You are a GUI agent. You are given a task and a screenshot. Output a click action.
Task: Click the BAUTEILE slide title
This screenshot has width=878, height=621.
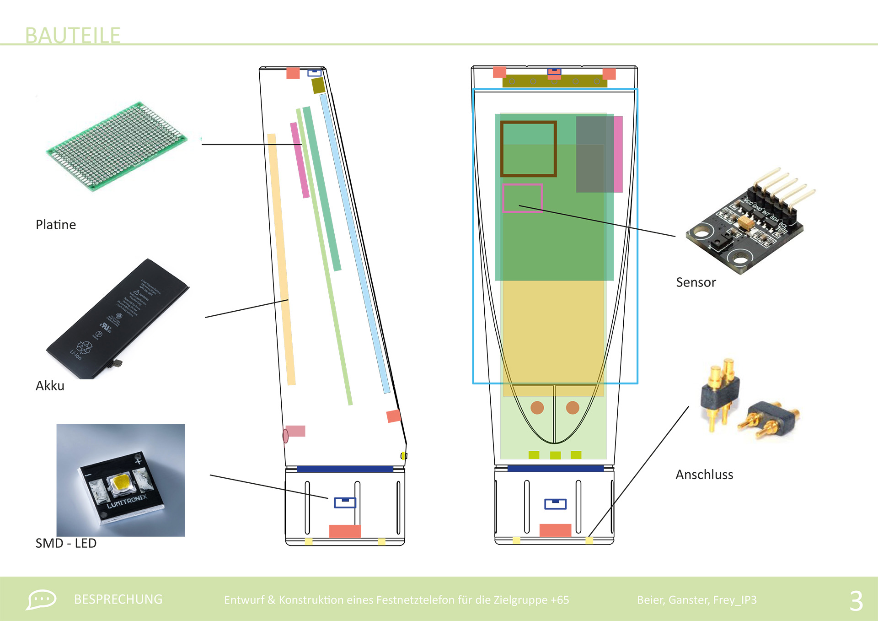point(73,35)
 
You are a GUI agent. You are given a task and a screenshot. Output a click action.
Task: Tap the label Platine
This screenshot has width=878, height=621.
point(56,225)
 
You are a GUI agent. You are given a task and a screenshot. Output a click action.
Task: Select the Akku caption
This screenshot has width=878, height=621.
point(50,386)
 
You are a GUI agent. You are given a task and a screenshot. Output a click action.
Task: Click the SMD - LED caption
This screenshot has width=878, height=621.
point(66,543)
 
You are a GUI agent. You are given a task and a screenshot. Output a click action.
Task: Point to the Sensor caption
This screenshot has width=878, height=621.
point(696,282)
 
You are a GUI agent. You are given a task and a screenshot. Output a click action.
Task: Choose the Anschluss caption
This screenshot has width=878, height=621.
point(704,475)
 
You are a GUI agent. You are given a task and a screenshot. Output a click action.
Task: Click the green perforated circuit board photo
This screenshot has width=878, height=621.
point(117,146)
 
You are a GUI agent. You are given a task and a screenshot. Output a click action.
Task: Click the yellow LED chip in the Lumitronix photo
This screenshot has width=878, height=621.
point(121,482)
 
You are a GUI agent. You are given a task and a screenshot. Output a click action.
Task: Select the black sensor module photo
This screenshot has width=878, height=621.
point(750,224)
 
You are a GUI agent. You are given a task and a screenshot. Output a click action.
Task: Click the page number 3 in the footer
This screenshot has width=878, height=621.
point(856,600)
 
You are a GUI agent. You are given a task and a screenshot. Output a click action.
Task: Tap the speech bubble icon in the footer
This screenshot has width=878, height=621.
point(41,599)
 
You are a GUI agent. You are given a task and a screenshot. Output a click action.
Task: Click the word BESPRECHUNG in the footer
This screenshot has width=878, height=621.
point(118,599)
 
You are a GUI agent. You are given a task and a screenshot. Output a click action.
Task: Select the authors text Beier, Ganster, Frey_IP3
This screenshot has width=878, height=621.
point(696,600)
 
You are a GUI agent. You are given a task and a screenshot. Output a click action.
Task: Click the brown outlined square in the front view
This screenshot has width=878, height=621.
point(528,149)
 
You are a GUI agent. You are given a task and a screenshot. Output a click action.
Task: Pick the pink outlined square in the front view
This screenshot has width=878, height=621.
point(522,198)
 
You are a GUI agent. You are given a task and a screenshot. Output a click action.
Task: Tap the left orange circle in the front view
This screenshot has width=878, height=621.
point(537,407)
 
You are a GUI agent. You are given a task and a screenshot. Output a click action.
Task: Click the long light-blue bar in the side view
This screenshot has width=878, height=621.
point(354,243)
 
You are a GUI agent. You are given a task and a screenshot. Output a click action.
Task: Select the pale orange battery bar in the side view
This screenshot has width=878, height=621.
point(281,259)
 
